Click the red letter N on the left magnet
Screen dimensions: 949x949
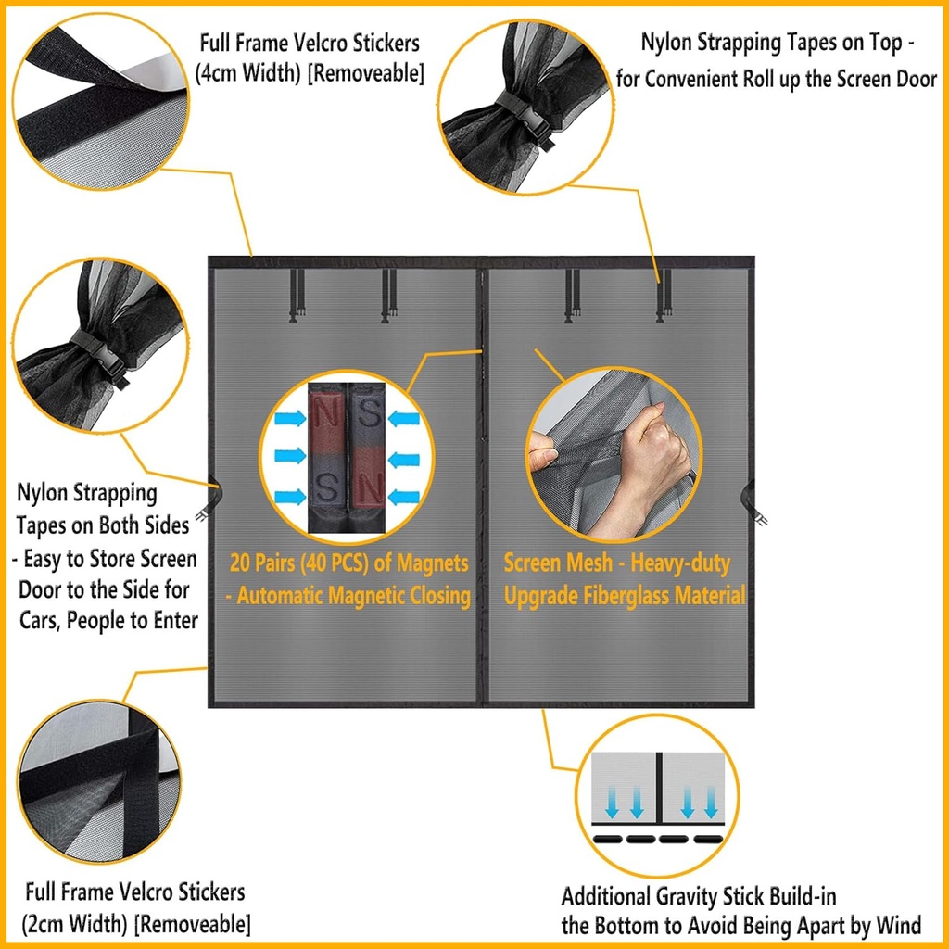pyautogui.click(x=326, y=410)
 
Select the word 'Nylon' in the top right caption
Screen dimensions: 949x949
pyautogui.click(x=667, y=43)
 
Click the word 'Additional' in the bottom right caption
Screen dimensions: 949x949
pyautogui.click(x=607, y=896)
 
